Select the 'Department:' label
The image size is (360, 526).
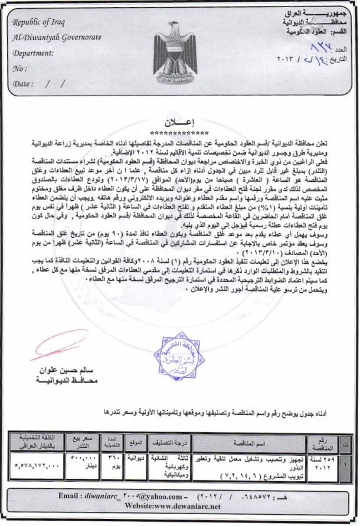coord(32,53)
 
